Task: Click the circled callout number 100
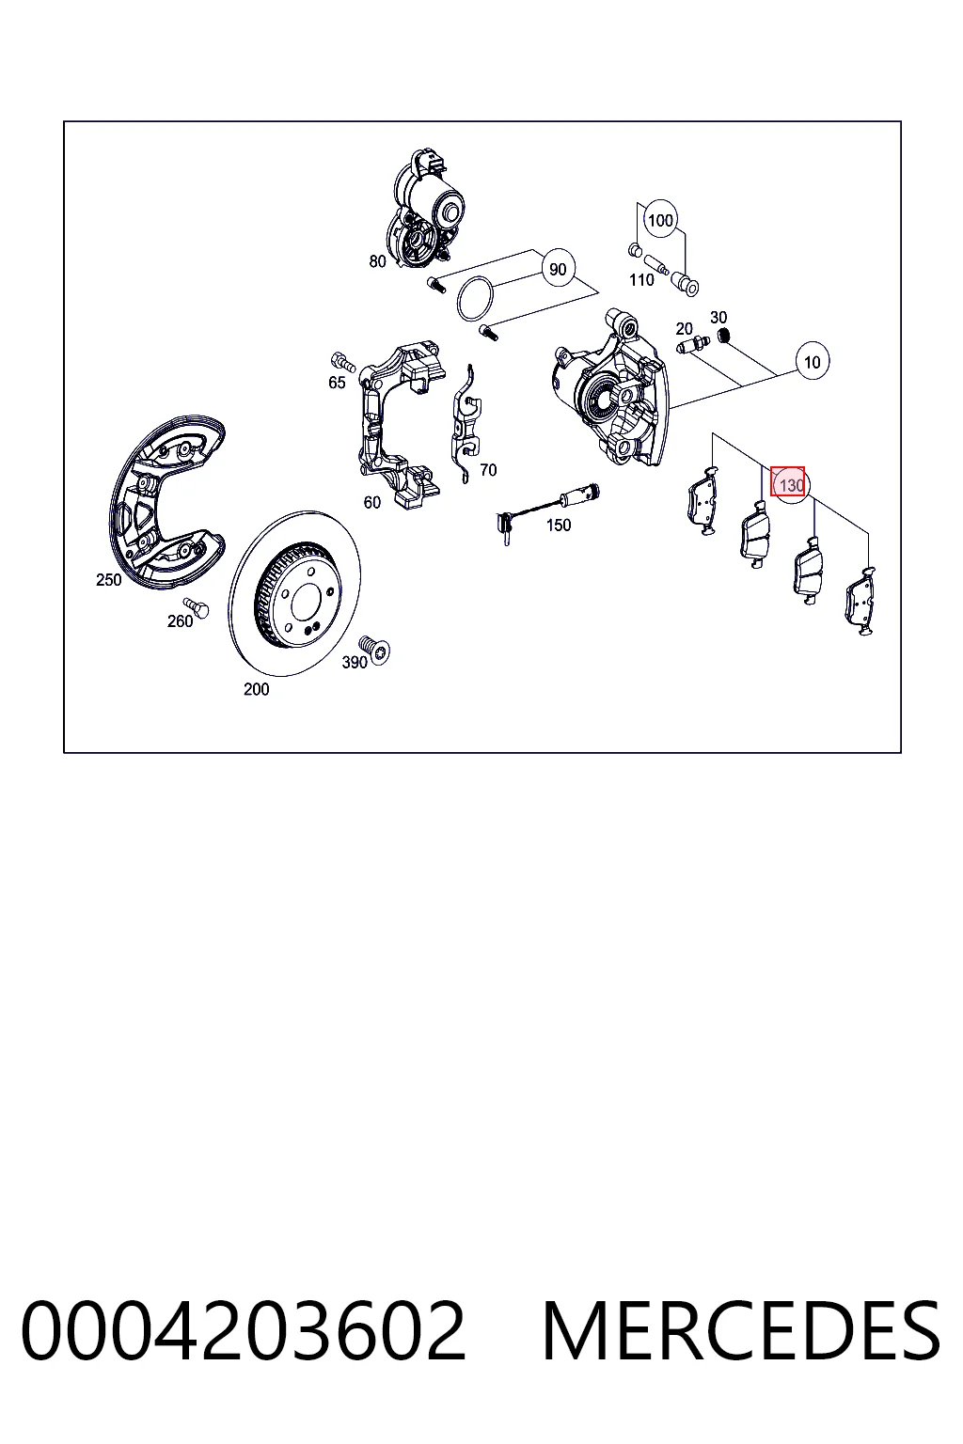pos(660,221)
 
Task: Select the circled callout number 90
pos(558,269)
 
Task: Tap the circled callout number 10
pos(813,362)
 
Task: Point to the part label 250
pos(108,580)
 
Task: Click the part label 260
pos(180,621)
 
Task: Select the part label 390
pos(355,662)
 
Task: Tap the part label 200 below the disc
pos(256,689)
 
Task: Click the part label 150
pos(559,526)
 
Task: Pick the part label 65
pos(337,383)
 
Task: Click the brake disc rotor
pos(294,594)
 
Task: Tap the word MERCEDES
pos(741,1330)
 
